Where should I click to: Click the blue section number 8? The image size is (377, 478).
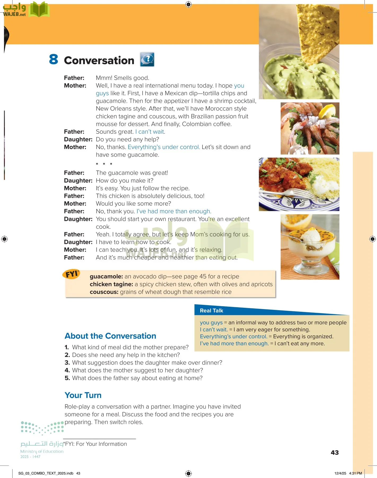pos(53,59)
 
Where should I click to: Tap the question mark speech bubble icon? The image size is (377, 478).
pos(147,59)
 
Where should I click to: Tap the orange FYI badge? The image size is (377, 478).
pos(71,274)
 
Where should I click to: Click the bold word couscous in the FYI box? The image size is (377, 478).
pos(104,292)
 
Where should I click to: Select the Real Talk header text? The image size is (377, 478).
pos(211,310)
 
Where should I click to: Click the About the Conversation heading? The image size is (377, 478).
pos(110,336)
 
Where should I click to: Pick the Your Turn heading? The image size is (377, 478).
pos(83,395)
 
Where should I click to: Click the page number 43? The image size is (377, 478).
pos(335,453)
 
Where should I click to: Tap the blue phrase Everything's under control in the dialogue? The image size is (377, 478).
pos(164,147)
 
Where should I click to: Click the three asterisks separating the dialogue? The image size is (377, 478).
pos(104,164)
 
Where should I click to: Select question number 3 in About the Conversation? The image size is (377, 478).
pos(67,362)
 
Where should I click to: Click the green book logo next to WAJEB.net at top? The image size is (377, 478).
pos(39,10)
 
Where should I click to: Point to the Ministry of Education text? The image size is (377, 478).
pos(42,451)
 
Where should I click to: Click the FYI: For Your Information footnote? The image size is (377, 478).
pos(96,444)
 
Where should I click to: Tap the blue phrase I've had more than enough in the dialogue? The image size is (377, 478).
pos(174,211)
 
